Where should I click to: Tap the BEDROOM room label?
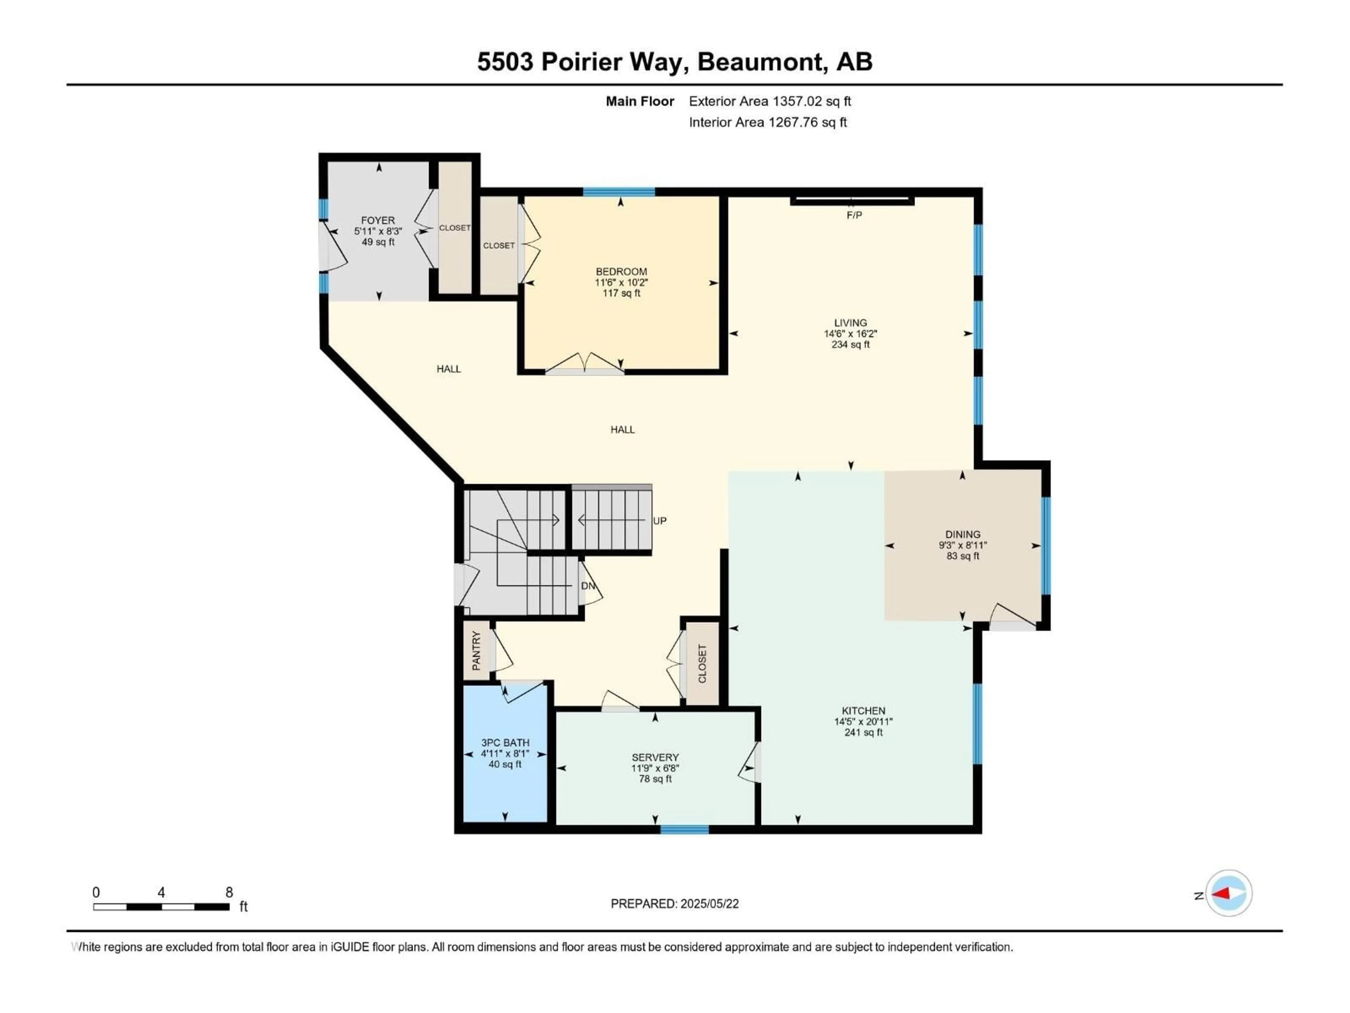pyautogui.click(x=621, y=272)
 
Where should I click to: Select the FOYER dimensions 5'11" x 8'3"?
pyautogui.click(x=378, y=231)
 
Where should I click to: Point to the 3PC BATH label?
pyautogui.click(x=505, y=743)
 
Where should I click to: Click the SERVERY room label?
pyautogui.click(x=655, y=757)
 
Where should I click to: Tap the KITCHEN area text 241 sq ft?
pyautogui.click(x=863, y=732)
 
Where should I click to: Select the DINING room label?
pyautogui.click(x=963, y=534)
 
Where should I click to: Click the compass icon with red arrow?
pyautogui.click(x=1229, y=893)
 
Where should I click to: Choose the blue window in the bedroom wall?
pyautogui.click(x=619, y=192)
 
